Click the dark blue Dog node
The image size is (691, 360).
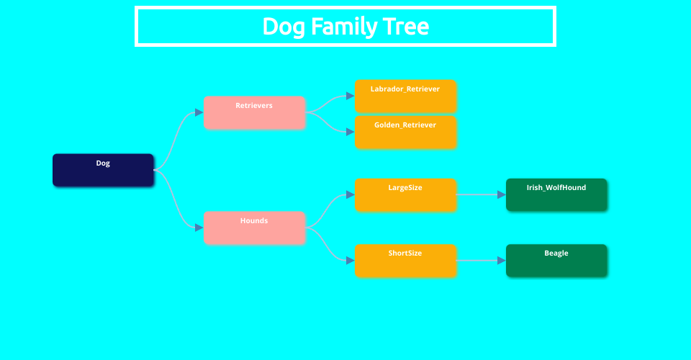click(x=103, y=170)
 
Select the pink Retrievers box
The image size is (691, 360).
click(x=254, y=112)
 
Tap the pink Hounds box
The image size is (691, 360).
click(x=254, y=228)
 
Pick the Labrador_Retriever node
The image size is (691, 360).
click(x=405, y=96)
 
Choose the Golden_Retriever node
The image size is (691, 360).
click(x=405, y=132)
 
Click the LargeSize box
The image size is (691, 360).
click(x=405, y=194)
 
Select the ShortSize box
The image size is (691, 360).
click(x=405, y=261)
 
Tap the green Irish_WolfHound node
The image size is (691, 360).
click(x=556, y=194)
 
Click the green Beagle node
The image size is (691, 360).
click(x=556, y=261)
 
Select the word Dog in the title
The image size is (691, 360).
click(x=279, y=27)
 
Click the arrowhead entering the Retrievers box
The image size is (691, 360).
click(x=199, y=112)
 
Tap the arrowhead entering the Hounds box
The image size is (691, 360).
click(x=199, y=228)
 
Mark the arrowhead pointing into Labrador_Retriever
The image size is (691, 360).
click(x=351, y=96)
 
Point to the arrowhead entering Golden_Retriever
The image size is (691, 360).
click(x=351, y=132)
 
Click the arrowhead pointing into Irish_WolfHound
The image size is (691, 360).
click(x=502, y=194)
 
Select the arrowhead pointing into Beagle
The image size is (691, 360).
click(x=502, y=261)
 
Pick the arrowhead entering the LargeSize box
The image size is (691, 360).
click(x=351, y=194)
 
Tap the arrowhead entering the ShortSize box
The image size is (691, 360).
click(x=351, y=261)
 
